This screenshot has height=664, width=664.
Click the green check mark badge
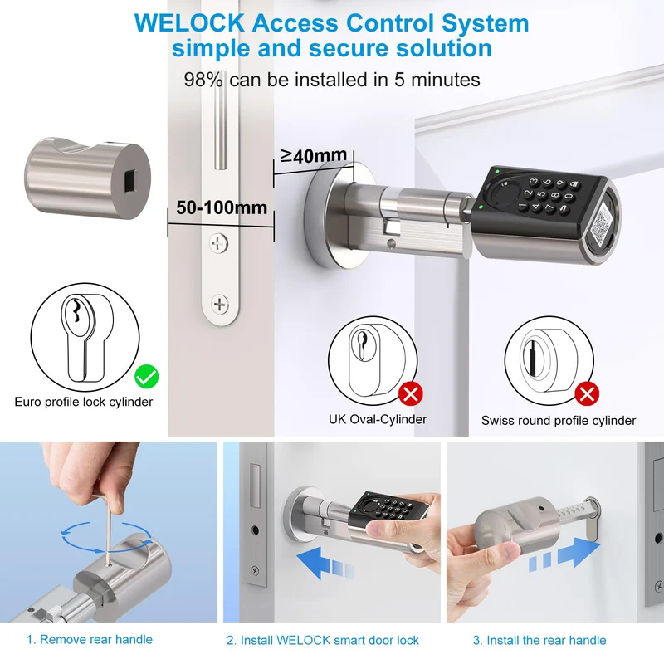tap(147, 377)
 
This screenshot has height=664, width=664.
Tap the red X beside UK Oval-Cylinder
tap(410, 393)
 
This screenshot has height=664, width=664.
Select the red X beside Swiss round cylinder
tap(587, 393)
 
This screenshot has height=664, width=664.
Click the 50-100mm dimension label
tap(222, 207)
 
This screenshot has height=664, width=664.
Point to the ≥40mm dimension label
tap(314, 155)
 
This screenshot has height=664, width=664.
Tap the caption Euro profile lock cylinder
tap(84, 402)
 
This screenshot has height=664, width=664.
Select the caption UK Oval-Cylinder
tap(378, 419)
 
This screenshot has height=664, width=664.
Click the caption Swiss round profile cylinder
tap(559, 421)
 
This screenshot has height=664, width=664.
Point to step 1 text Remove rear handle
tap(90, 639)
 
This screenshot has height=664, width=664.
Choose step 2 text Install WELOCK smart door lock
tap(323, 640)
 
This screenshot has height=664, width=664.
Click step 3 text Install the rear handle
tap(539, 640)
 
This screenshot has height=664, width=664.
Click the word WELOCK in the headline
tap(189, 23)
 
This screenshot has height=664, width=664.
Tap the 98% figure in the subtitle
tap(203, 80)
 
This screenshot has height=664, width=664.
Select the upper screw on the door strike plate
tap(219, 243)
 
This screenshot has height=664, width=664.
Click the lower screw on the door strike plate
tap(220, 304)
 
